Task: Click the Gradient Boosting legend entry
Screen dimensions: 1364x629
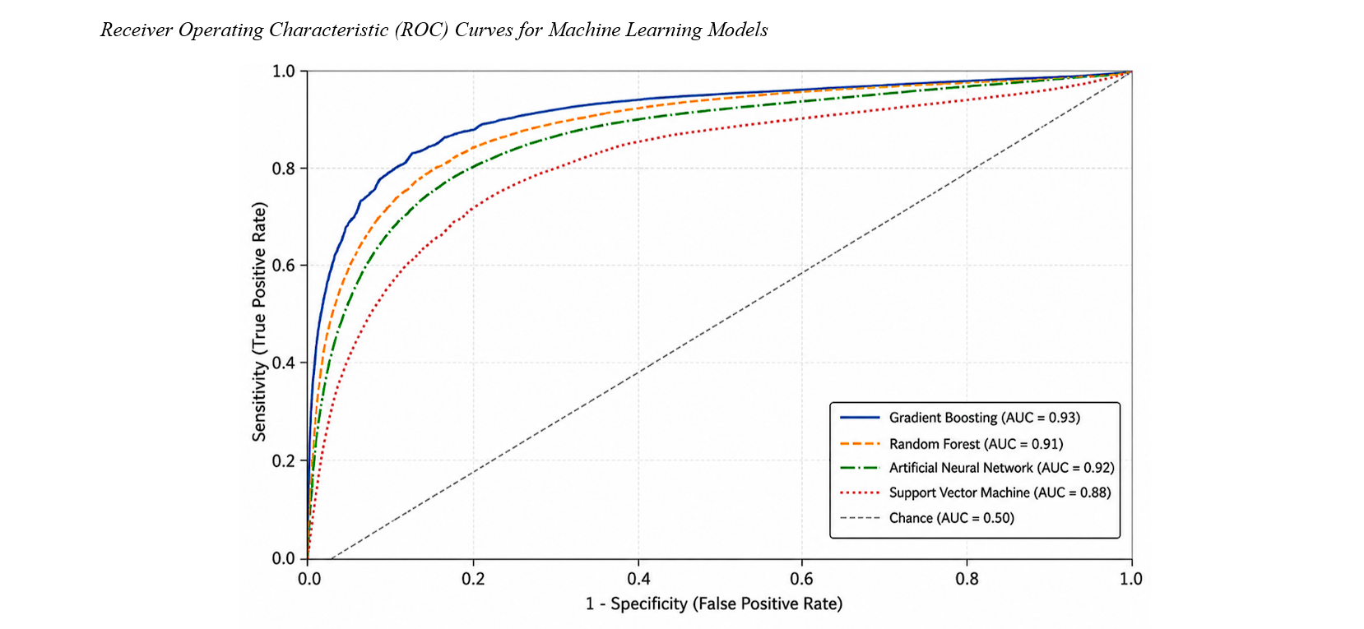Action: pyautogui.click(x=984, y=418)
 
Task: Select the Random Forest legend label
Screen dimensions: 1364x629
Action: pyautogui.click(x=976, y=444)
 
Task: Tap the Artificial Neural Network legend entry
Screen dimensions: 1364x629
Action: pyautogui.click(x=1001, y=468)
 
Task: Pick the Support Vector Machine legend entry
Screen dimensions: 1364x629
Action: pyautogui.click(x=1000, y=493)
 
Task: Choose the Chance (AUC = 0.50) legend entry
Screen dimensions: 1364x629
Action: pyautogui.click(x=951, y=518)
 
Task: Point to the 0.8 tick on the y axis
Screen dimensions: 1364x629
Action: pyautogui.click(x=283, y=169)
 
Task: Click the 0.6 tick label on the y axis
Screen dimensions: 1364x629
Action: pyautogui.click(x=283, y=266)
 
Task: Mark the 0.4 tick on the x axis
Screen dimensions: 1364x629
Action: pyautogui.click(x=638, y=578)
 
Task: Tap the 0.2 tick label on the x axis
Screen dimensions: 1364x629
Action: pyautogui.click(x=473, y=578)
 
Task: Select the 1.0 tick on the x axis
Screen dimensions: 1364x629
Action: pyautogui.click(x=1131, y=578)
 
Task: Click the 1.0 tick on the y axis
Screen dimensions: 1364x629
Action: pyautogui.click(x=283, y=72)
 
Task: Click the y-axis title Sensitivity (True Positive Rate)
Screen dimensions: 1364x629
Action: pyautogui.click(x=260, y=321)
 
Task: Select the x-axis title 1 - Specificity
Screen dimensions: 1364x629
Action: pyautogui.click(x=636, y=604)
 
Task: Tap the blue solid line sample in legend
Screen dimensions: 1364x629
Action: pyautogui.click(x=860, y=418)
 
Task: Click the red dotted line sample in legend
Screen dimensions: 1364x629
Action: pyautogui.click(x=860, y=493)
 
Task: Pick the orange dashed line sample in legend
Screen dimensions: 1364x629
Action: pyautogui.click(x=860, y=444)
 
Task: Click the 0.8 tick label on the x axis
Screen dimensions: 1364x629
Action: pyautogui.click(x=967, y=578)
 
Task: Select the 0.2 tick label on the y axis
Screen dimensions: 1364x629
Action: pyautogui.click(x=283, y=461)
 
